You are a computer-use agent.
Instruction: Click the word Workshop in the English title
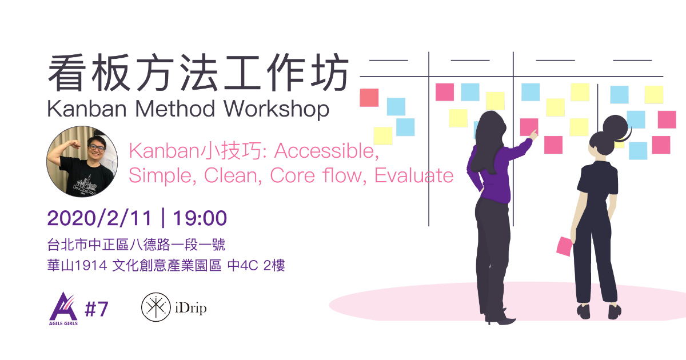click(277, 109)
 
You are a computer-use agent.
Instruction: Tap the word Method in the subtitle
click(175, 109)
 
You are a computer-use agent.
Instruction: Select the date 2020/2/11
click(99, 218)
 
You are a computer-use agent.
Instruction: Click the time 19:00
click(200, 218)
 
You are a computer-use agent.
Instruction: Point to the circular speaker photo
click(82, 161)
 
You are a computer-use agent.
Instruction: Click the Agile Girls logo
click(63, 309)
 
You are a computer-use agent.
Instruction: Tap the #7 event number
click(97, 309)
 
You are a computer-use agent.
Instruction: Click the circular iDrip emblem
click(156, 307)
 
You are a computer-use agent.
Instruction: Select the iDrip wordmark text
click(191, 308)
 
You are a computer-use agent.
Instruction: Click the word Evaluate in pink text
click(414, 176)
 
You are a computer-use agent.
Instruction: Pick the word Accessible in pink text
click(326, 151)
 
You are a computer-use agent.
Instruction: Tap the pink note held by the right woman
click(564, 246)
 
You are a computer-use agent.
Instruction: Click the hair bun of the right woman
click(616, 126)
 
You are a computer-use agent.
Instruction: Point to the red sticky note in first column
click(369, 98)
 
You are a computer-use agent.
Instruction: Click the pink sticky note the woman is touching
click(529, 127)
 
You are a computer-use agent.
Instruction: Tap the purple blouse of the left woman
click(493, 171)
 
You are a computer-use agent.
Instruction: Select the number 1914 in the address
click(91, 265)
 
